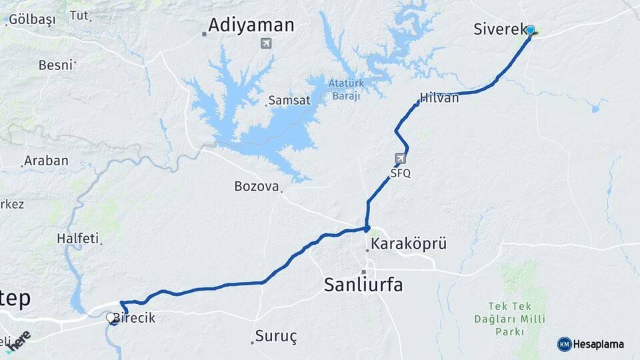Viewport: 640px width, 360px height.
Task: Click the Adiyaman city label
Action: click(x=251, y=25)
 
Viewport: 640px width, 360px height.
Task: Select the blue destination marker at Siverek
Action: click(x=530, y=30)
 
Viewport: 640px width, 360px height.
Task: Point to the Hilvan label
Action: click(x=439, y=98)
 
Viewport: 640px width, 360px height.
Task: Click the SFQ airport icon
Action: click(x=400, y=159)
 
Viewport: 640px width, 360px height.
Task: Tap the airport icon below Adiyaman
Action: click(x=267, y=44)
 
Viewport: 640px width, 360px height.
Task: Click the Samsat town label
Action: click(x=289, y=101)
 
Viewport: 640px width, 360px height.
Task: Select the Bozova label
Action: click(x=256, y=186)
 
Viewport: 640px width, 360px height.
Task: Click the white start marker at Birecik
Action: click(x=111, y=319)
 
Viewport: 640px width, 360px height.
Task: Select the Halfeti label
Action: click(x=77, y=238)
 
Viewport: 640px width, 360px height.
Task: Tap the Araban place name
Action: click(x=45, y=161)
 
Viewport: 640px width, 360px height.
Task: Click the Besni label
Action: click(x=55, y=65)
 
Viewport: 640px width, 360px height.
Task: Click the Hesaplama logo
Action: click(x=591, y=344)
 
